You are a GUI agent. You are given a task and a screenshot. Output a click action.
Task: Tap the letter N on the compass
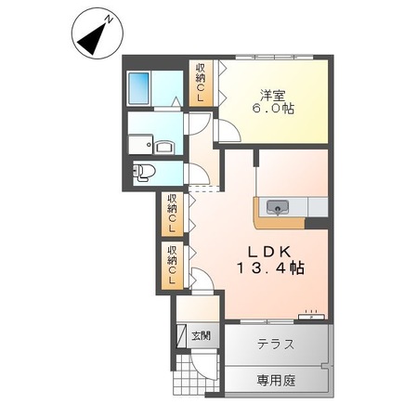[108, 19]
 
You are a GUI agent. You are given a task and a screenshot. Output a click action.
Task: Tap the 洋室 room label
[270, 93]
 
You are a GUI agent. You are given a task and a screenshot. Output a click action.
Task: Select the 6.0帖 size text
[271, 108]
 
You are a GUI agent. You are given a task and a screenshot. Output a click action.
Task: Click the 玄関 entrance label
[200, 335]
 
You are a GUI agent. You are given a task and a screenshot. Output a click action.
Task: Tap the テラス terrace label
[276, 344]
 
